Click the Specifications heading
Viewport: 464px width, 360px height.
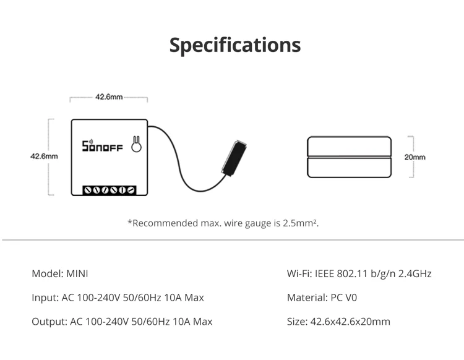click(x=235, y=45)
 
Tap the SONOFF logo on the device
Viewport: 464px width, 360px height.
click(x=103, y=147)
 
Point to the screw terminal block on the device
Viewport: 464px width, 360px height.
click(x=110, y=189)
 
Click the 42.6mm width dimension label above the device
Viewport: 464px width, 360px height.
click(x=109, y=97)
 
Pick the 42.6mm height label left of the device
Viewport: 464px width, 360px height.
click(x=44, y=156)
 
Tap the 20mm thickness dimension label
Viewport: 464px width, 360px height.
click(x=415, y=157)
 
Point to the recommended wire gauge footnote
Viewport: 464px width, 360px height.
click(x=223, y=223)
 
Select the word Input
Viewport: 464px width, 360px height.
click(x=44, y=298)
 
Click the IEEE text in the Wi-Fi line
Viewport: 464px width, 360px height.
click(x=325, y=273)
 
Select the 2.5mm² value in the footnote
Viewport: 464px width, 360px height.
click(x=304, y=223)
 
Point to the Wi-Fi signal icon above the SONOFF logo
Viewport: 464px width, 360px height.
click(x=87, y=137)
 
